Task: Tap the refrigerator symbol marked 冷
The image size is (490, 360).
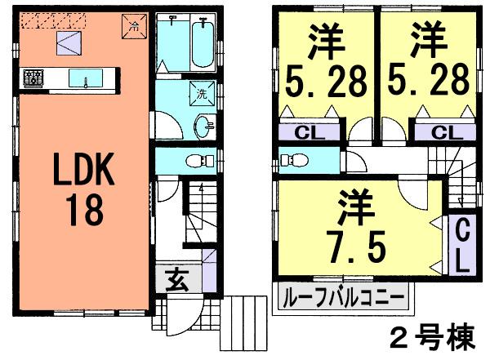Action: point(134,25)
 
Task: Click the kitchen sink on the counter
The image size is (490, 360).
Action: point(85,78)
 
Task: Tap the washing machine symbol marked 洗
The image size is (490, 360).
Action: point(202,95)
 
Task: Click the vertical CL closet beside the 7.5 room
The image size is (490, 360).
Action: point(461,245)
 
